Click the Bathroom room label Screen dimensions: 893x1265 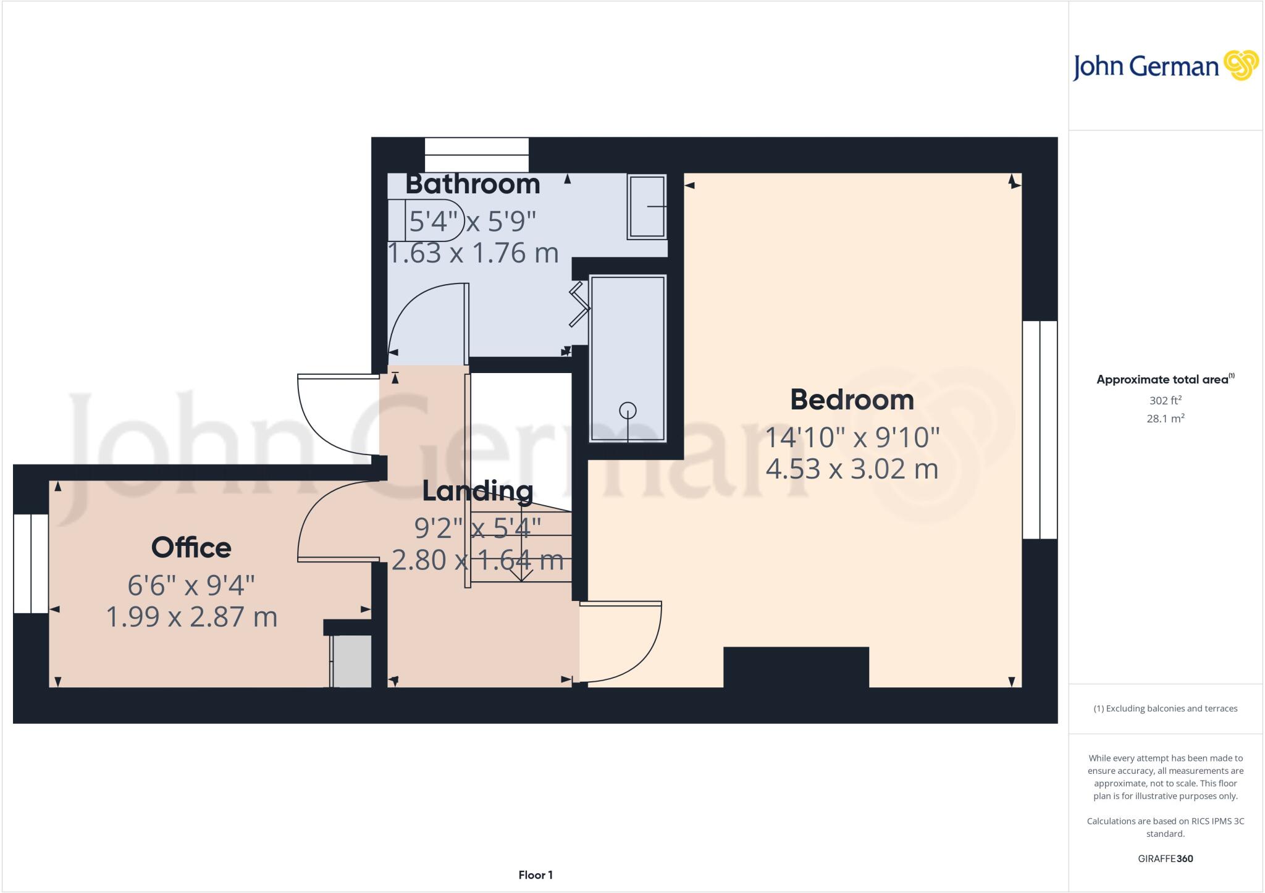pos(473,184)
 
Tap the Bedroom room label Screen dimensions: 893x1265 pos(852,400)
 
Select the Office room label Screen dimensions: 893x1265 pos(191,547)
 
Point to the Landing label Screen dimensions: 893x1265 pos(477,491)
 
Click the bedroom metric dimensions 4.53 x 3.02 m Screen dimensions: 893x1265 pos(852,469)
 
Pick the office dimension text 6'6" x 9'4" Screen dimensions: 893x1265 pos(191,585)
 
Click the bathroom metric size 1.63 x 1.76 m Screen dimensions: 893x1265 pos(473,253)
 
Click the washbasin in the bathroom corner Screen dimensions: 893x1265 pos(647,207)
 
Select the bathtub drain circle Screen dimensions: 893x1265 pos(628,409)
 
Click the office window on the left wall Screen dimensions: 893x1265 pos(31,563)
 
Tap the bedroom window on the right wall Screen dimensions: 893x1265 pos(1040,430)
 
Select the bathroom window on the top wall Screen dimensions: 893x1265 pos(477,154)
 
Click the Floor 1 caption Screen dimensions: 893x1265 pos(536,875)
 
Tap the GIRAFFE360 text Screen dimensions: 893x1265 pos(1165,858)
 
